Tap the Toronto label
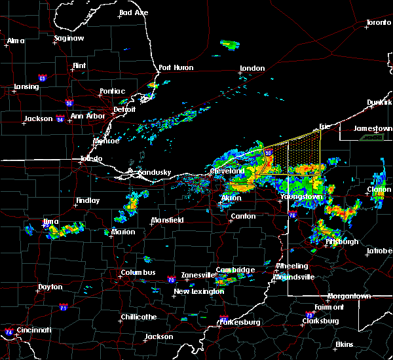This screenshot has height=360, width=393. click(378, 23)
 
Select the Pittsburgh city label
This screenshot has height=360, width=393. click(342, 242)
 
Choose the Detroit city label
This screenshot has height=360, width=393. click(124, 110)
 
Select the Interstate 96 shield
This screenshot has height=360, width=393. click(69, 102)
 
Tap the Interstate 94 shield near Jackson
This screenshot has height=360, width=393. click(60, 119)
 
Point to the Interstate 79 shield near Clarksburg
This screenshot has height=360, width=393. click(308, 314)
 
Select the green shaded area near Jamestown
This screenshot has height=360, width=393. click(372, 137)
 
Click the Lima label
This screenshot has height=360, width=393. click(50, 222)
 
